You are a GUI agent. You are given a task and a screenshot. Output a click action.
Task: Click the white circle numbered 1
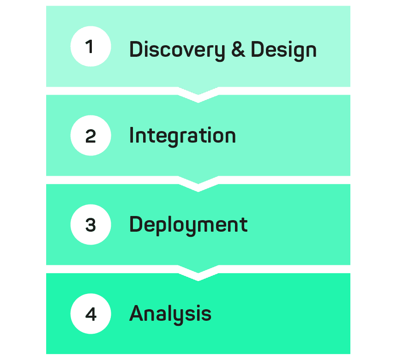click(x=90, y=46)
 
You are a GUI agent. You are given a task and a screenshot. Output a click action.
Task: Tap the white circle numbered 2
click(x=90, y=135)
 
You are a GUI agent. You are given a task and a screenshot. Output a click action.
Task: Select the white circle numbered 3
click(x=90, y=225)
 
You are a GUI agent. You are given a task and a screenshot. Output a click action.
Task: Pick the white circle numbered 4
click(x=90, y=314)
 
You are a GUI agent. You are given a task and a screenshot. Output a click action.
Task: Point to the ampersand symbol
click(x=238, y=49)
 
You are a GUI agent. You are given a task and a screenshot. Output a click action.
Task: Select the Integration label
click(x=182, y=137)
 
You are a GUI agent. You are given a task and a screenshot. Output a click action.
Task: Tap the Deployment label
click(x=188, y=225)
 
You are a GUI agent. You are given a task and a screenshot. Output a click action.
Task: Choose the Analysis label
click(x=170, y=314)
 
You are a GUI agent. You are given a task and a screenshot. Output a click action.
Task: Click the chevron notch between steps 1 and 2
click(x=198, y=95)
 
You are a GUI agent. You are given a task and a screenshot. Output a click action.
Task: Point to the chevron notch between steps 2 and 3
click(x=198, y=184)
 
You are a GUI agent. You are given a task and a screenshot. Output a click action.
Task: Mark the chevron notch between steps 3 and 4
click(x=198, y=273)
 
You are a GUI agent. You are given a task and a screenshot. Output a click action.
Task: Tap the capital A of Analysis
click(x=137, y=313)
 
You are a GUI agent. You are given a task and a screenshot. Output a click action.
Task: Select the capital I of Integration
click(x=131, y=135)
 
